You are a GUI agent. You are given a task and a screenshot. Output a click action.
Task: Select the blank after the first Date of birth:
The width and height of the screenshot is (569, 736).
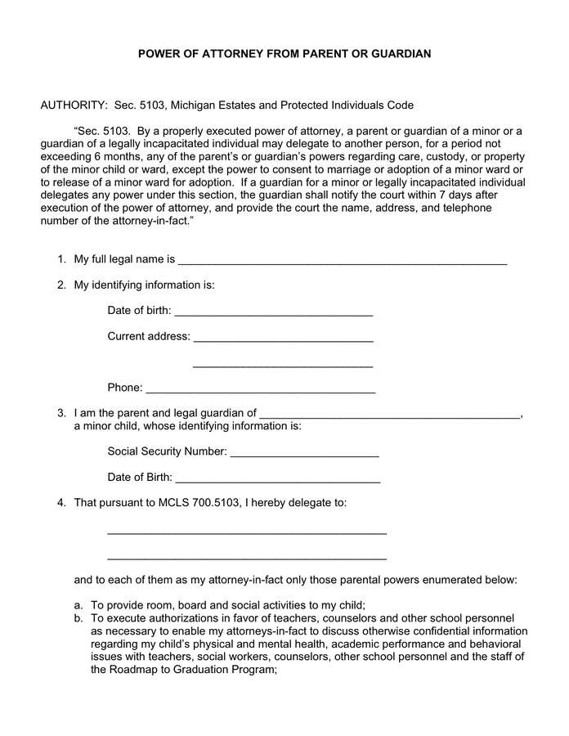click(274, 312)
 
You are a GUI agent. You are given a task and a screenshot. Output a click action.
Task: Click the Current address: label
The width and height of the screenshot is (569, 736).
click(149, 336)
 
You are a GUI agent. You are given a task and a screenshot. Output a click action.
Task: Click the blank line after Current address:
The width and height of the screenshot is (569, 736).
click(284, 338)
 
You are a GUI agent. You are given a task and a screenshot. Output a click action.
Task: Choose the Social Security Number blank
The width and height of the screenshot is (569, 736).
click(304, 453)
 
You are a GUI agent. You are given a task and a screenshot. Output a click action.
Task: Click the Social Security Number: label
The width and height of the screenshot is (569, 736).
click(168, 451)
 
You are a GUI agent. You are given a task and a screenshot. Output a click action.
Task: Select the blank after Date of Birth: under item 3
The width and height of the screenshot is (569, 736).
click(278, 479)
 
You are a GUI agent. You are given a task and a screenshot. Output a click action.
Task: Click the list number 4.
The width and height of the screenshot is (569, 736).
click(61, 502)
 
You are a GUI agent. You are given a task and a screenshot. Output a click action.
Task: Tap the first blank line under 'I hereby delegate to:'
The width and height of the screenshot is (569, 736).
click(247, 532)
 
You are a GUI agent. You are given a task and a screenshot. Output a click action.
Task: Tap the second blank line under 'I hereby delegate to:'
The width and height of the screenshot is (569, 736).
click(247, 558)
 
